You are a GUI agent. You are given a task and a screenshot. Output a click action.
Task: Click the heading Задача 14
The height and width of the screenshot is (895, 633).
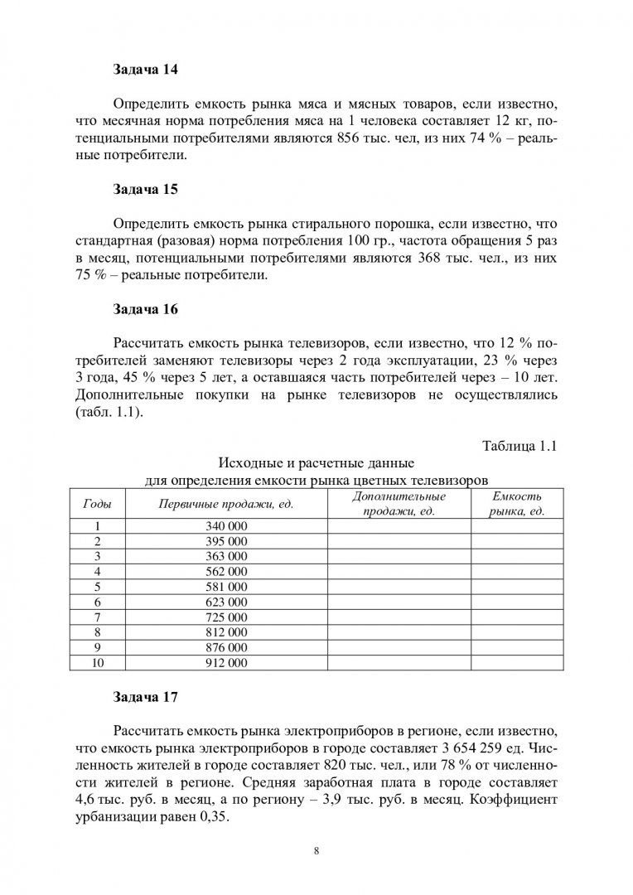click(145, 70)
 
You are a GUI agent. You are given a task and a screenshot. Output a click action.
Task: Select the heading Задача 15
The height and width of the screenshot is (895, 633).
click(145, 189)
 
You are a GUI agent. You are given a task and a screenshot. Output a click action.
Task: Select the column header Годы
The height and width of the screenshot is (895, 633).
click(98, 504)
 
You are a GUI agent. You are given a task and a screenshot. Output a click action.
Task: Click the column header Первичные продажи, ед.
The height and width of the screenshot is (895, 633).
click(226, 504)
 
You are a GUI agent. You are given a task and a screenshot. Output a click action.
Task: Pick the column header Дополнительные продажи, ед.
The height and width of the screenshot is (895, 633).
click(399, 504)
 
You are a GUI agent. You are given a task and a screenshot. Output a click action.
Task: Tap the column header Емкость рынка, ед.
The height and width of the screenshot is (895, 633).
click(516, 504)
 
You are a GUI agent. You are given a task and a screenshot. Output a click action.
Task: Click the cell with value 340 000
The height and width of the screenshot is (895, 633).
click(226, 526)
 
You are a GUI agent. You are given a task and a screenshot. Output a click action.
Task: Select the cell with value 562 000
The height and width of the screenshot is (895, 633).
click(226, 571)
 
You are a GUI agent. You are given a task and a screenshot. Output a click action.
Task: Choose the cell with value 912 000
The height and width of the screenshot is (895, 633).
click(226, 663)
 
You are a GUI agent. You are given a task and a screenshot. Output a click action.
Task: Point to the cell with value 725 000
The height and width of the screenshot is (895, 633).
click(226, 617)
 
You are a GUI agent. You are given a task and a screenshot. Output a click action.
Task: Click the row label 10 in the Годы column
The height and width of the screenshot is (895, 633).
click(98, 663)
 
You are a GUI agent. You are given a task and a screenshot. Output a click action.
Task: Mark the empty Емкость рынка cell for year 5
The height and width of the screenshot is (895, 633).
click(516, 587)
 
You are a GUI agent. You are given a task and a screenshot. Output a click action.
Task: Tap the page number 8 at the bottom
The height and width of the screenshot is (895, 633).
click(316, 850)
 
